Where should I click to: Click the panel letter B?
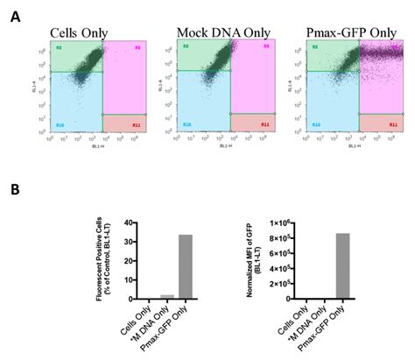[x=16, y=190]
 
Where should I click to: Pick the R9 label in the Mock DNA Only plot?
[x=266, y=45]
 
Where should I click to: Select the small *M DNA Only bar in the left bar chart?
[x=168, y=295]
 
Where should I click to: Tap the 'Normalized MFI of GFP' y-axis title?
[x=257, y=260]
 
